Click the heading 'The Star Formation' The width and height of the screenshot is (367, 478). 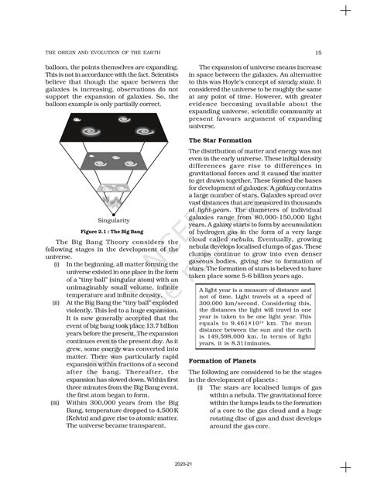[x=218, y=139]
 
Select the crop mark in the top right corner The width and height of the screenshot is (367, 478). [x=345, y=11]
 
